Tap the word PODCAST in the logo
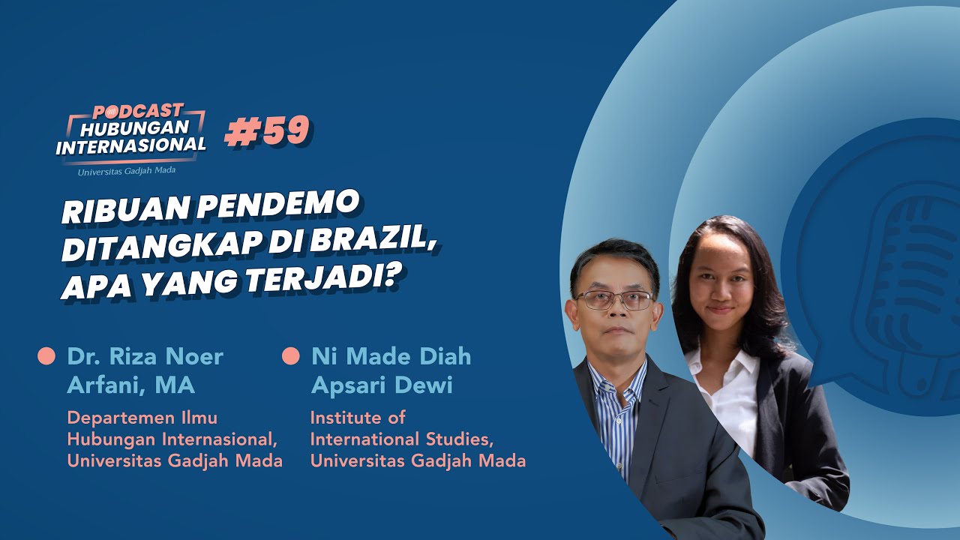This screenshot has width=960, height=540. tap(138, 111)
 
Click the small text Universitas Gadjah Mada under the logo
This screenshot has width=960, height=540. tap(127, 171)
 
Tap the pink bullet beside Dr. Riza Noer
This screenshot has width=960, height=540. tap(46, 355)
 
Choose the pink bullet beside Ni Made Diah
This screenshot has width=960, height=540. tap(290, 355)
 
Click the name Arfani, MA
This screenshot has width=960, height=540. tap(131, 385)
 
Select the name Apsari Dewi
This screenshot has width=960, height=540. tap(382, 385)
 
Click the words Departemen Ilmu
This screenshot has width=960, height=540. tap(142, 418)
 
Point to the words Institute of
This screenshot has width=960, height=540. tap(358, 417)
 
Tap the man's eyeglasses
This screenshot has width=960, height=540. tap(613, 300)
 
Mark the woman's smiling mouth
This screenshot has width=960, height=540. tap(720, 310)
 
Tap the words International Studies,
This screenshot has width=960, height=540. tap(400, 439)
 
